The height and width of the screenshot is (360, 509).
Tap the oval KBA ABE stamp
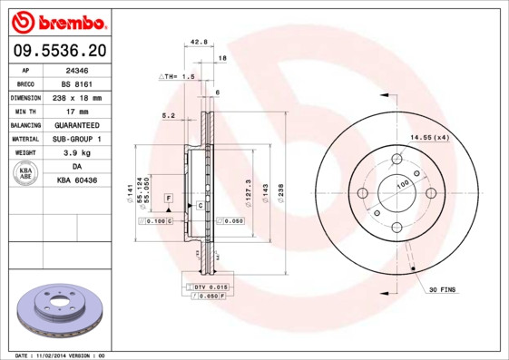(25, 174)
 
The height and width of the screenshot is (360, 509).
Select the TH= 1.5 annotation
(178, 77)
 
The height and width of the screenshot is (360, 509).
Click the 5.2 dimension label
(168, 116)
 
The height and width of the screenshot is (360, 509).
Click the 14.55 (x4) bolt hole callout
(429, 137)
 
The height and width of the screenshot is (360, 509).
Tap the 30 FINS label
(443, 290)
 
